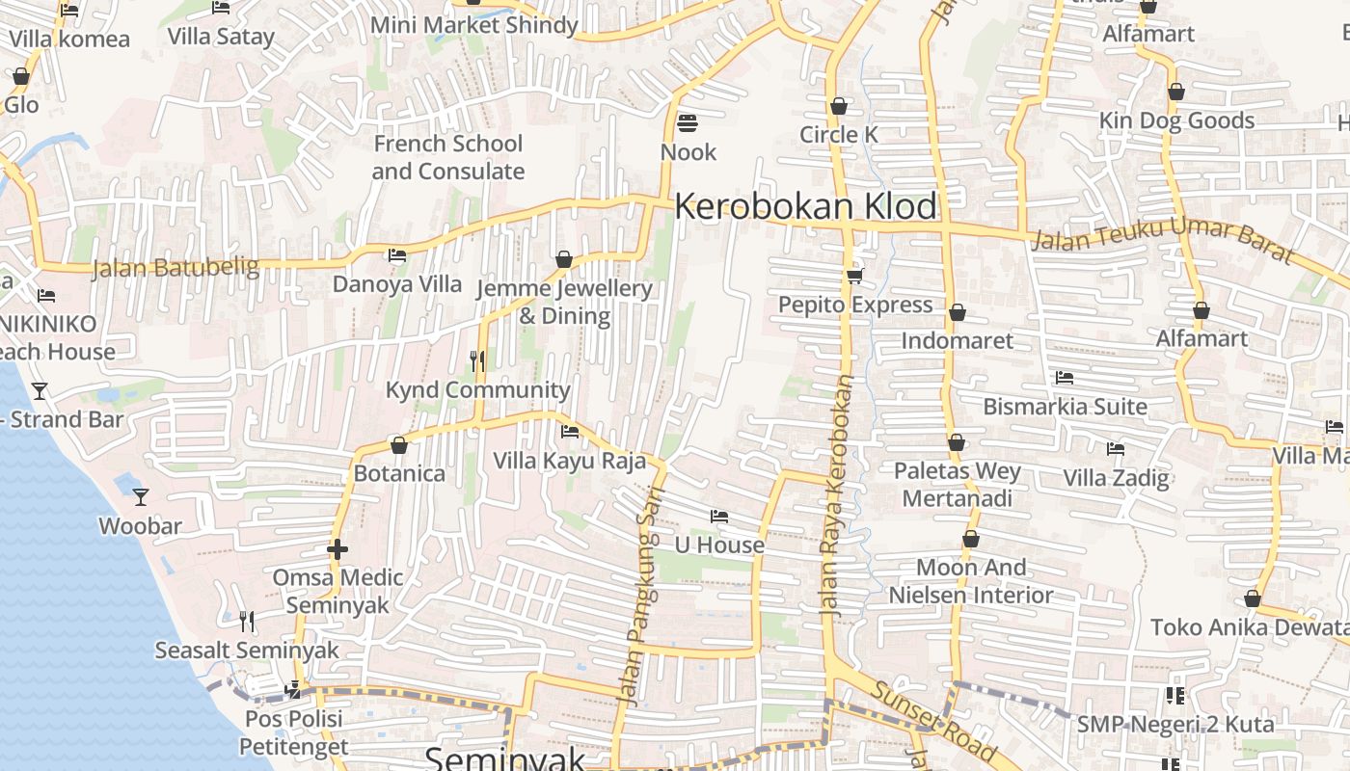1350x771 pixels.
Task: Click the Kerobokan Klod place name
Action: click(x=805, y=206)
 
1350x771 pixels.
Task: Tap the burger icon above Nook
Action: click(x=688, y=123)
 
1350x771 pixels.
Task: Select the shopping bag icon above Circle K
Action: click(x=838, y=106)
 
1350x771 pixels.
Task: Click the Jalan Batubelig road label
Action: click(x=175, y=267)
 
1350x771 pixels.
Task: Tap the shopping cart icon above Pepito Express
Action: click(x=854, y=277)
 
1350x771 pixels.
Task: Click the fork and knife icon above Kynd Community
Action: click(x=477, y=361)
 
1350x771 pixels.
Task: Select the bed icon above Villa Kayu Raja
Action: click(x=570, y=432)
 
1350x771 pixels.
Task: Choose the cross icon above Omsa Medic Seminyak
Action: click(x=337, y=549)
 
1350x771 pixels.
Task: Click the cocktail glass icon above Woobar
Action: click(x=141, y=497)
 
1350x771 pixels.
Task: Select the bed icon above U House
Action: click(x=718, y=517)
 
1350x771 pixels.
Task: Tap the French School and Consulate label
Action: click(x=448, y=157)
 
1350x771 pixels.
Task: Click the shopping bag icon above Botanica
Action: click(x=399, y=445)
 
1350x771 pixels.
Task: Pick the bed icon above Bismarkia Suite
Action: click(x=1065, y=378)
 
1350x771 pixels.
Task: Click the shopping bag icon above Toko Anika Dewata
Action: click(x=1253, y=599)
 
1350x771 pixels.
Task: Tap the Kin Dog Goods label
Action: click(x=1177, y=120)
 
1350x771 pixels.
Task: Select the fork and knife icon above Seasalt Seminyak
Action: click(x=247, y=622)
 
